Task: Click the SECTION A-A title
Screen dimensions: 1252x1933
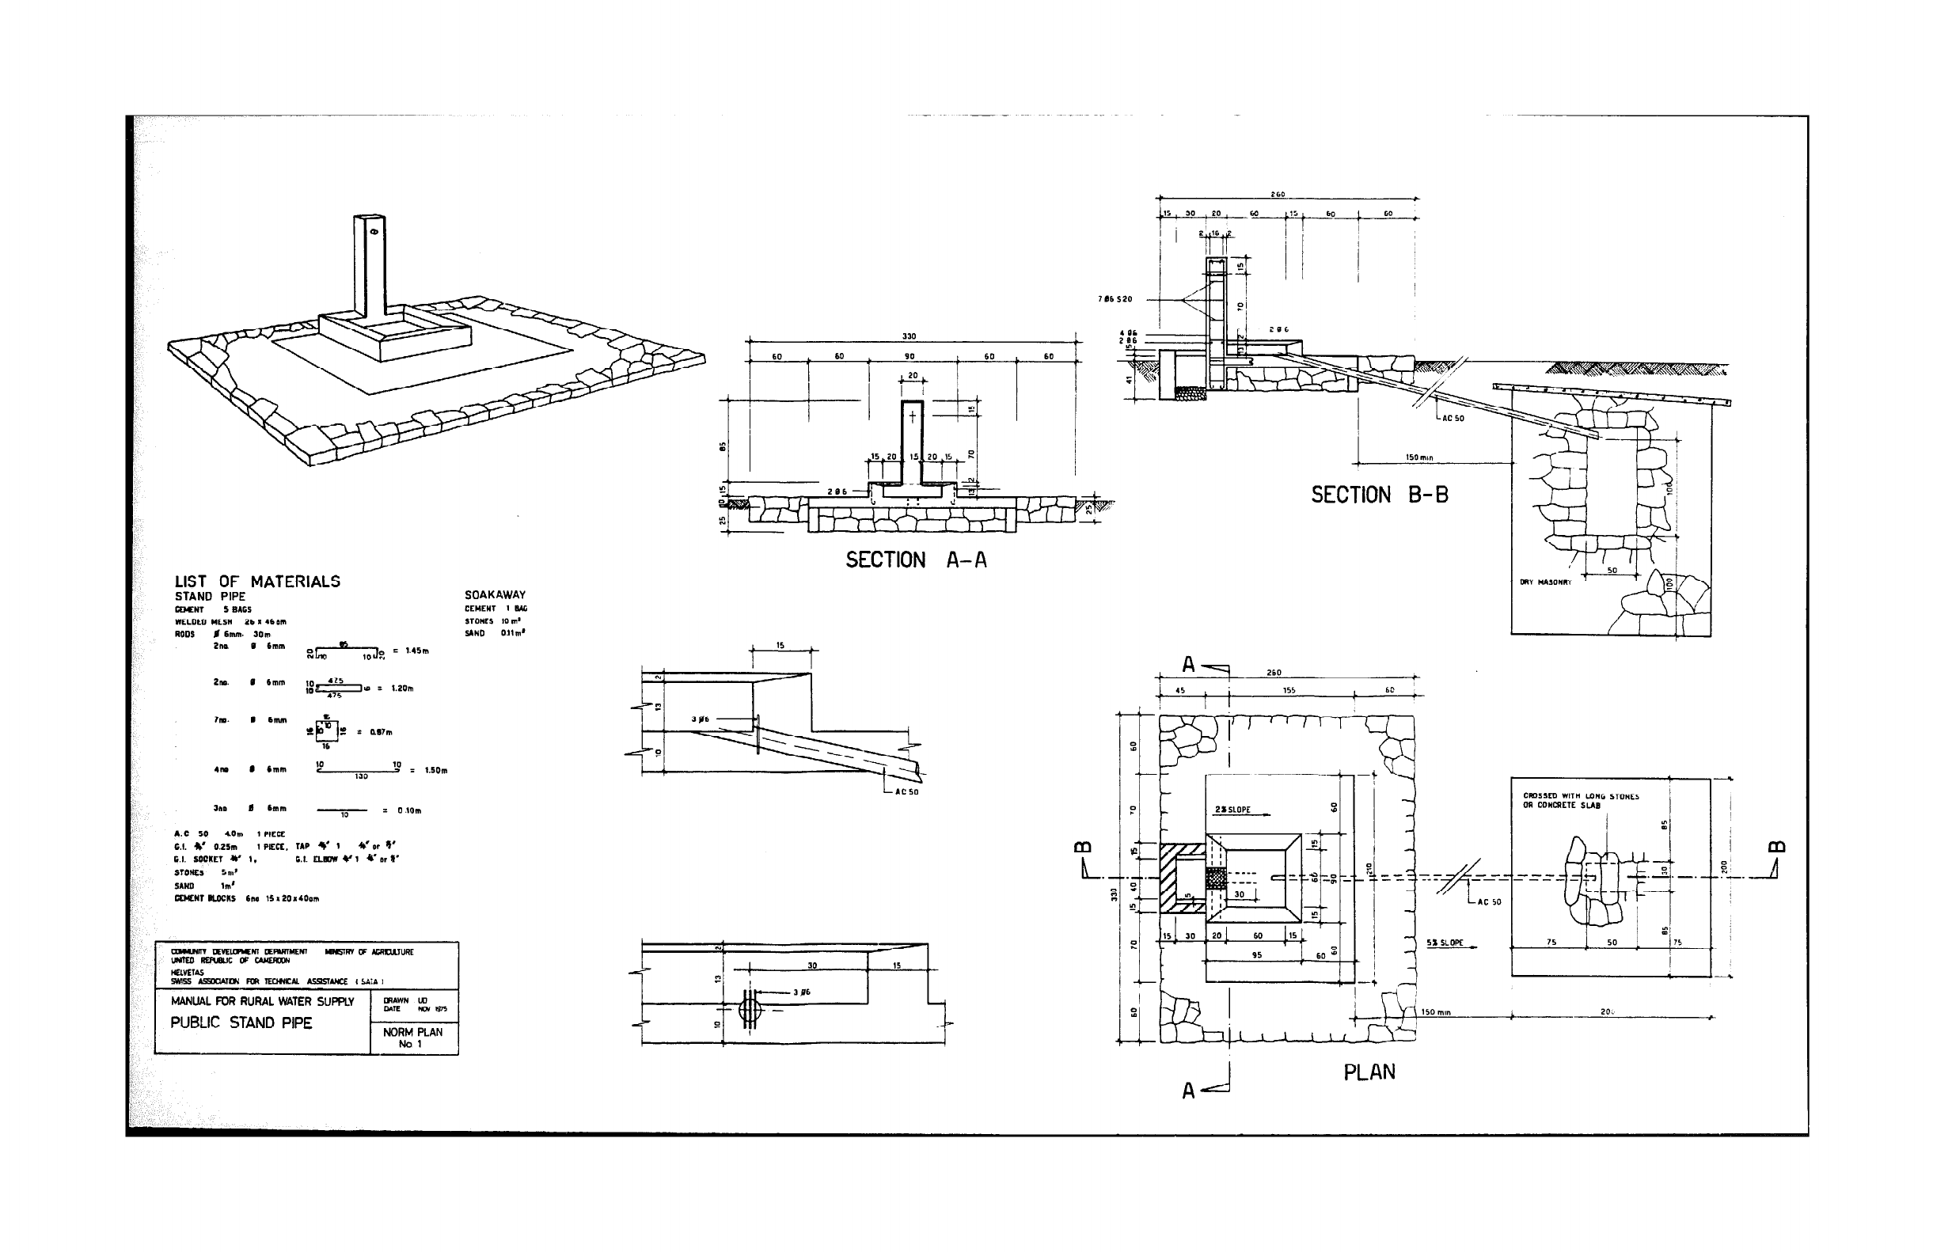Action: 916,560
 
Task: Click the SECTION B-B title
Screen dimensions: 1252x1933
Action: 1379,495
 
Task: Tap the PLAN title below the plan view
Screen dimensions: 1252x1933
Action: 1369,1072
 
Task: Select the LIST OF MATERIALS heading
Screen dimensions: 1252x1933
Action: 256,582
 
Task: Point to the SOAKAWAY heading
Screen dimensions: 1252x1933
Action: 495,595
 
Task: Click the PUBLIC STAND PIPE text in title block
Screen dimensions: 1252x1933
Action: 241,1023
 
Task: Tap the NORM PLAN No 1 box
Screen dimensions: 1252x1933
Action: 412,1038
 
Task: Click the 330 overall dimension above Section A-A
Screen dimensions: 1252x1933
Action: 909,336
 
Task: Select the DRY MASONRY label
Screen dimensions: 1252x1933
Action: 1545,582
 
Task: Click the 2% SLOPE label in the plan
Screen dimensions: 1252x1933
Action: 1233,810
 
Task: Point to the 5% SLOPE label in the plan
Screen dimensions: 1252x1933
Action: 1445,943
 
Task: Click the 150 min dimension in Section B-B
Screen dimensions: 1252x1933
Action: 1419,458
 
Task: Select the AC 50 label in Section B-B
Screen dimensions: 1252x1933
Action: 1453,419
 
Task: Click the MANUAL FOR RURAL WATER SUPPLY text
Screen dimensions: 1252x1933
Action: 262,1002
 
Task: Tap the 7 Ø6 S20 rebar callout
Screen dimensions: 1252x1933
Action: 1115,300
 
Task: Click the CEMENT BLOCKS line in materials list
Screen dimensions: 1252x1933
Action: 246,899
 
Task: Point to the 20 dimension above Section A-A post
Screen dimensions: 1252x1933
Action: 912,376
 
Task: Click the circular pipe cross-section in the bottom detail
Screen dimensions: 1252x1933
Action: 750,1010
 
